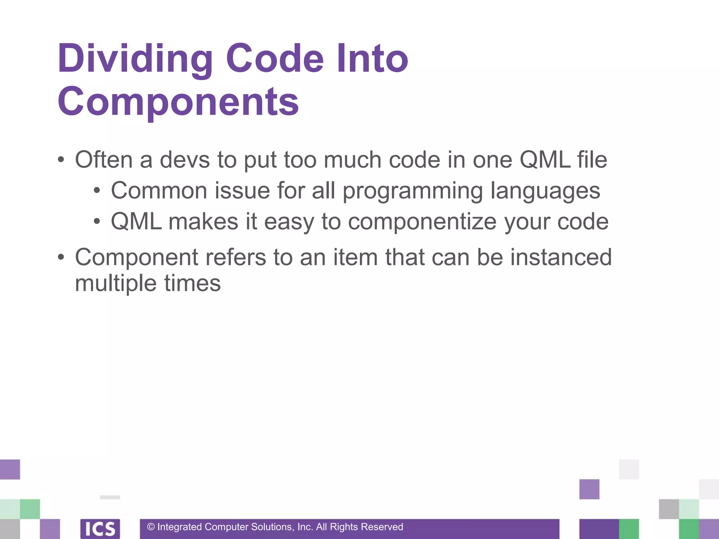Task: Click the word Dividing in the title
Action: click(135, 59)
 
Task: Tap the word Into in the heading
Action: click(372, 59)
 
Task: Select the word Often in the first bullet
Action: click(104, 160)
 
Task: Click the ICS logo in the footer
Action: click(100, 528)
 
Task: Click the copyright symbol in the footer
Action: click(151, 527)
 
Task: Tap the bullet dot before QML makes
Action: click(97, 222)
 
